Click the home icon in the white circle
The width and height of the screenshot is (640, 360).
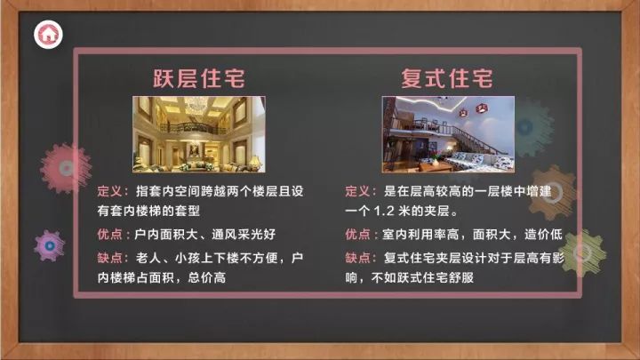[48, 35]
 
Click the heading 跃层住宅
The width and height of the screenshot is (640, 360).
[199, 78]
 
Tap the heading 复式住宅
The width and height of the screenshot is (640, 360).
[447, 78]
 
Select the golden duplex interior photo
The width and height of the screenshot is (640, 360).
[199, 134]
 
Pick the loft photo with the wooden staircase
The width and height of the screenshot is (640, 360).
[448, 134]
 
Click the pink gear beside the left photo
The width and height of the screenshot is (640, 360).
[66, 168]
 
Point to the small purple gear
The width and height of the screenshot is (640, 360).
[50, 245]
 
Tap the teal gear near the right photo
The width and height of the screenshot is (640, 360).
[530, 127]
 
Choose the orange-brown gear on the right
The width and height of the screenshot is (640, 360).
[553, 193]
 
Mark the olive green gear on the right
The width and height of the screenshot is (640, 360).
[582, 253]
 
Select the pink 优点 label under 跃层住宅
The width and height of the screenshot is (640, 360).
[109, 235]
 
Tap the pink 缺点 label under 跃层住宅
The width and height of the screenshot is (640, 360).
[109, 258]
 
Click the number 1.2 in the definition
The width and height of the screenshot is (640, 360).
[384, 211]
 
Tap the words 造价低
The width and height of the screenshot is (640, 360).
[543, 235]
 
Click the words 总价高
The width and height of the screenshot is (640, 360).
[206, 277]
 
